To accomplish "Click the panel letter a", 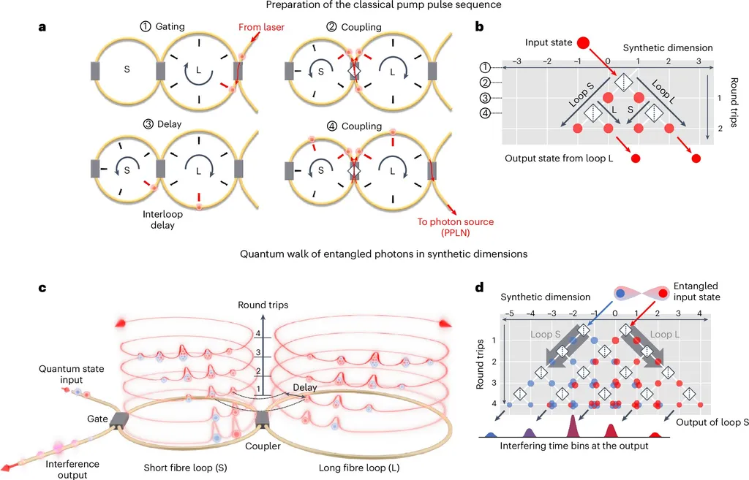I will [x=43, y=28].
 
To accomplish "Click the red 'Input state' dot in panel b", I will [x=584, y=43].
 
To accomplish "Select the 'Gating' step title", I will [x=164, y=26].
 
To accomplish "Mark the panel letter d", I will [x=481, y=287].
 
